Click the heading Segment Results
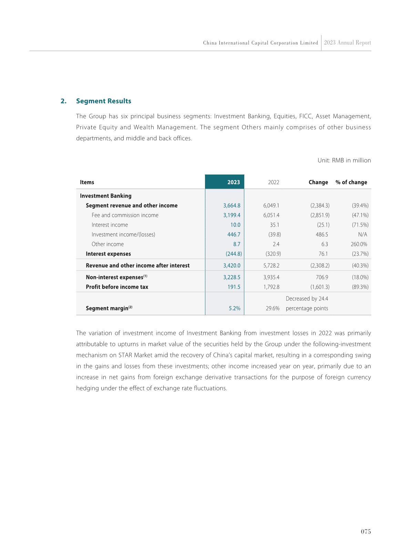point(103,101)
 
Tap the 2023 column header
point(233,182)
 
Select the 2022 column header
point(274,182)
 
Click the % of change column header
point(351,182)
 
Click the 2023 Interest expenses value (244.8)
point(232,254)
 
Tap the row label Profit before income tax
point(117,287)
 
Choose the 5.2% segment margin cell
point(234,308)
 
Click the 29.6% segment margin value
point(273,308)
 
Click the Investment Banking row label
point(105,196)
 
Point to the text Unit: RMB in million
point(344,160)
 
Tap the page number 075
point(366,531)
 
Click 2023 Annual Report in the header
point(347,43)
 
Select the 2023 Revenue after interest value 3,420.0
point(232,266)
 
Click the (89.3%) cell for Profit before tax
point(360,287)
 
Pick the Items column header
point(87,182)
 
